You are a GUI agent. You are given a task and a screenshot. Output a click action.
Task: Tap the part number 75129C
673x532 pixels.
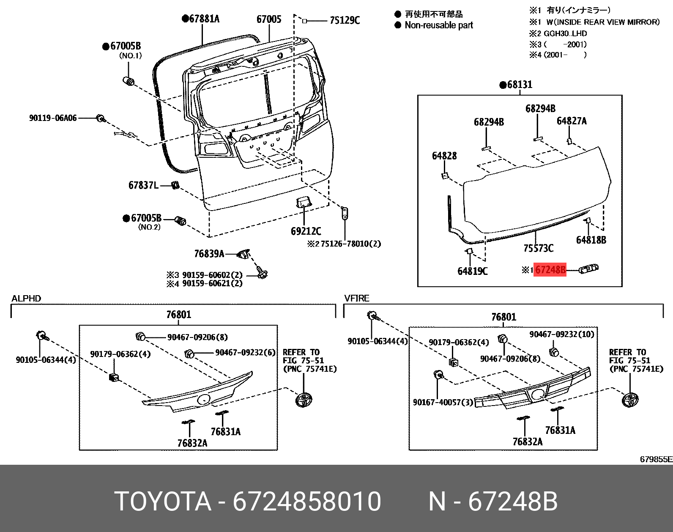pos(345,20)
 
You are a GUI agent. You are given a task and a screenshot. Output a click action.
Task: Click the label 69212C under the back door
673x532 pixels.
pos(306,231)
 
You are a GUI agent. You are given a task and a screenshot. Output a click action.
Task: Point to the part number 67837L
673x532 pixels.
pos(143,185)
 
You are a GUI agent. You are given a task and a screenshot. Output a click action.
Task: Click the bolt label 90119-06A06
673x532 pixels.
pos(53,118)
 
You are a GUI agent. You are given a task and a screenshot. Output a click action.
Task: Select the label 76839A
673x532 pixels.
pos(209,254)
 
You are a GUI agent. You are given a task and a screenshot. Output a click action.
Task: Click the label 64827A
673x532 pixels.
pos(572,121)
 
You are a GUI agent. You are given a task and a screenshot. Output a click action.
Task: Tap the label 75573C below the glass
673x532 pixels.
pos(538,248)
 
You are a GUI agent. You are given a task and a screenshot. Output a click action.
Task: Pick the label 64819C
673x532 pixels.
pos(472,271)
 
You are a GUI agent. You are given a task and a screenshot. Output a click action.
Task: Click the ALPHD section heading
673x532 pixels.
pos(26,299)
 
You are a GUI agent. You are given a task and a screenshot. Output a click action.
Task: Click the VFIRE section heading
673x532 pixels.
pos(357,299)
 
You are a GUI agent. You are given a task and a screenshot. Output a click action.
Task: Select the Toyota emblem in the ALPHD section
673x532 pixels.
pos(304,399)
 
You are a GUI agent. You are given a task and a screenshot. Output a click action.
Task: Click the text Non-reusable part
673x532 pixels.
pos(438,25)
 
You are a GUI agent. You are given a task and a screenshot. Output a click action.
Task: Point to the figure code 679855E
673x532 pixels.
pos(656,459)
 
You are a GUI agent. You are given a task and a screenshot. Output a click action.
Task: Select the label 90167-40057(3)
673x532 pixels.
pos(443,402)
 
